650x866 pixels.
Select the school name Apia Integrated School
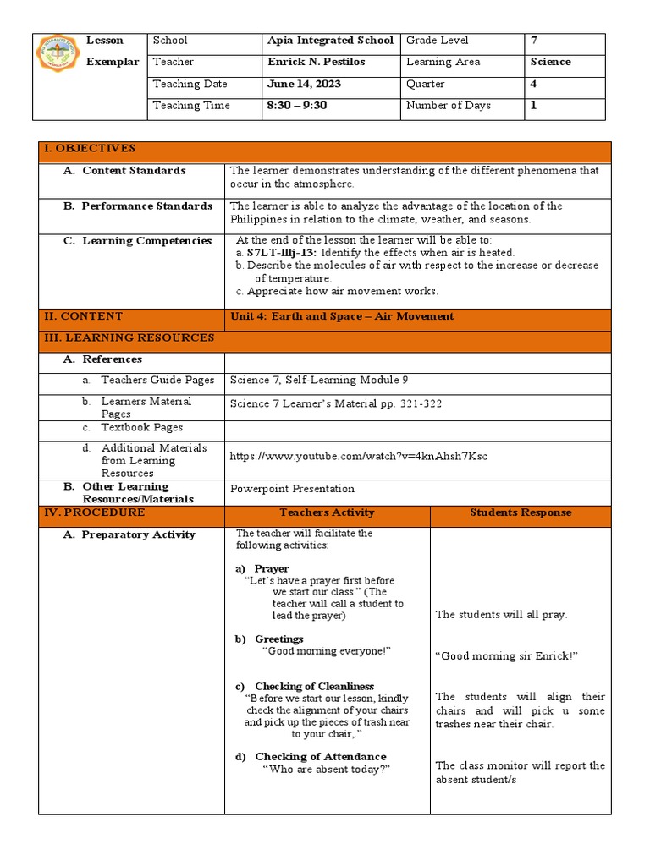(330, 41)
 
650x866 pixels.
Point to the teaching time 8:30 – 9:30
(296, 106)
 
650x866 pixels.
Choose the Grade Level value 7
(533, 41)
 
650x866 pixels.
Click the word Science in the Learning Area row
(550, 63)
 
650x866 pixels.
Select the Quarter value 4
(533, 85)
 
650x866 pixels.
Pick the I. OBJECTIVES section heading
(89, 149)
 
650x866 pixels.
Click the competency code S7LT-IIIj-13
(281, 253)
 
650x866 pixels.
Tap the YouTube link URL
(358, 457)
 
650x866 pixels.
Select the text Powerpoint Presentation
(292, 489)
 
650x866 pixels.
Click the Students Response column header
(520, 512)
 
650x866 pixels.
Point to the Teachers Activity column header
(327, 512)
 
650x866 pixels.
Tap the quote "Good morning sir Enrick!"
(506, 656)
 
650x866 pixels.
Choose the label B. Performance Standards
(138, 206)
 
